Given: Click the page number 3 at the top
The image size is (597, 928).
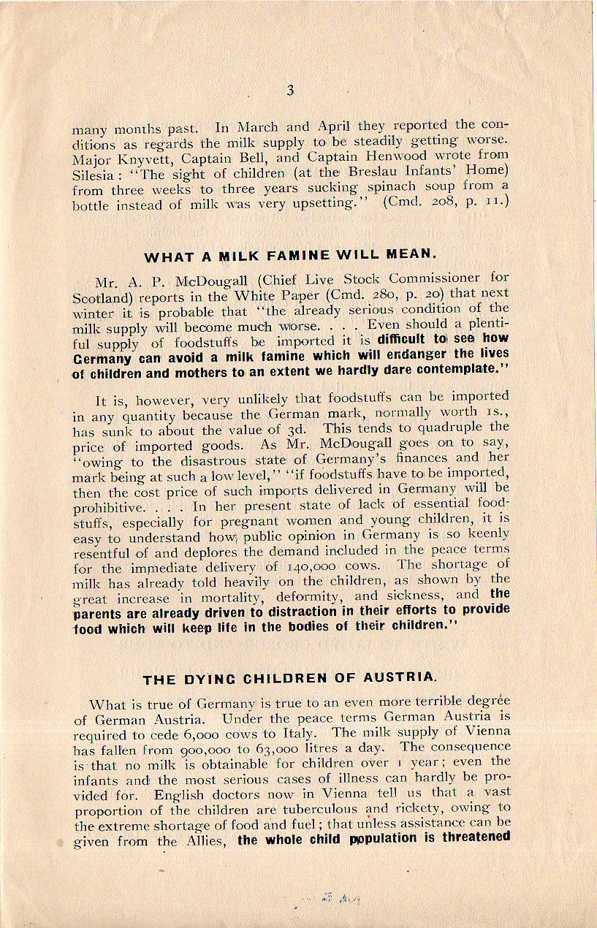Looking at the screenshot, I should [290, 91].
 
